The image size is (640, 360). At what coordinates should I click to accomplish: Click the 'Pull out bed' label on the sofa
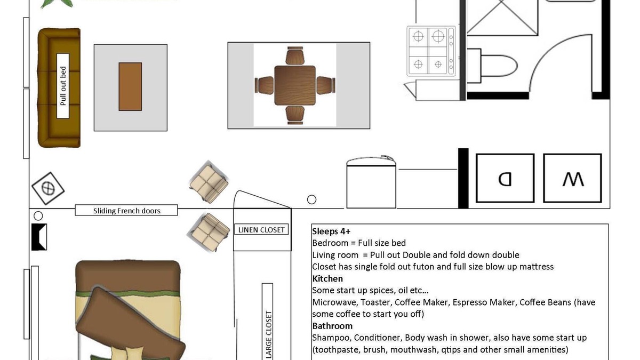63,86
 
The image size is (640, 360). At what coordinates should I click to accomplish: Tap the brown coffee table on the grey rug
130,86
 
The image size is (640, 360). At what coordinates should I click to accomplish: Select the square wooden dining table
295,85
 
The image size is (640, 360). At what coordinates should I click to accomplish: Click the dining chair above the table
295,55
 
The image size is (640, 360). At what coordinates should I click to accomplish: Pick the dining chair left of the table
265,85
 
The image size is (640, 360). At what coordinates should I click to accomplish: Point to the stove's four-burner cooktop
431,51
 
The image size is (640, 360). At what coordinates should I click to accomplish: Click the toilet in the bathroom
492,66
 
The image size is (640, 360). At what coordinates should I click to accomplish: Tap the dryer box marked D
505,178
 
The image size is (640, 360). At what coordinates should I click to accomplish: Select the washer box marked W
572,178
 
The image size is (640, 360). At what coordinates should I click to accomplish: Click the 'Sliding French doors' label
126,211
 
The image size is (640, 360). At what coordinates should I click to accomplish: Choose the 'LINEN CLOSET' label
261,230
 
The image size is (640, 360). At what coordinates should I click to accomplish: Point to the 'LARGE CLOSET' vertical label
269,335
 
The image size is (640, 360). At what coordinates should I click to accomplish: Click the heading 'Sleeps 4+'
331,231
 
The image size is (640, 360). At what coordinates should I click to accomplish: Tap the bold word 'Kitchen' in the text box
327,278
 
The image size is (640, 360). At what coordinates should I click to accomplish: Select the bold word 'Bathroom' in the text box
332,326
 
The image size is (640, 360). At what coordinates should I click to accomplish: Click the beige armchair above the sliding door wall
209,182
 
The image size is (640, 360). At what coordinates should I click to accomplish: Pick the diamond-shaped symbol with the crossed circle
48,188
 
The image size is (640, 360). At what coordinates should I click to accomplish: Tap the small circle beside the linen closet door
311,199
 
